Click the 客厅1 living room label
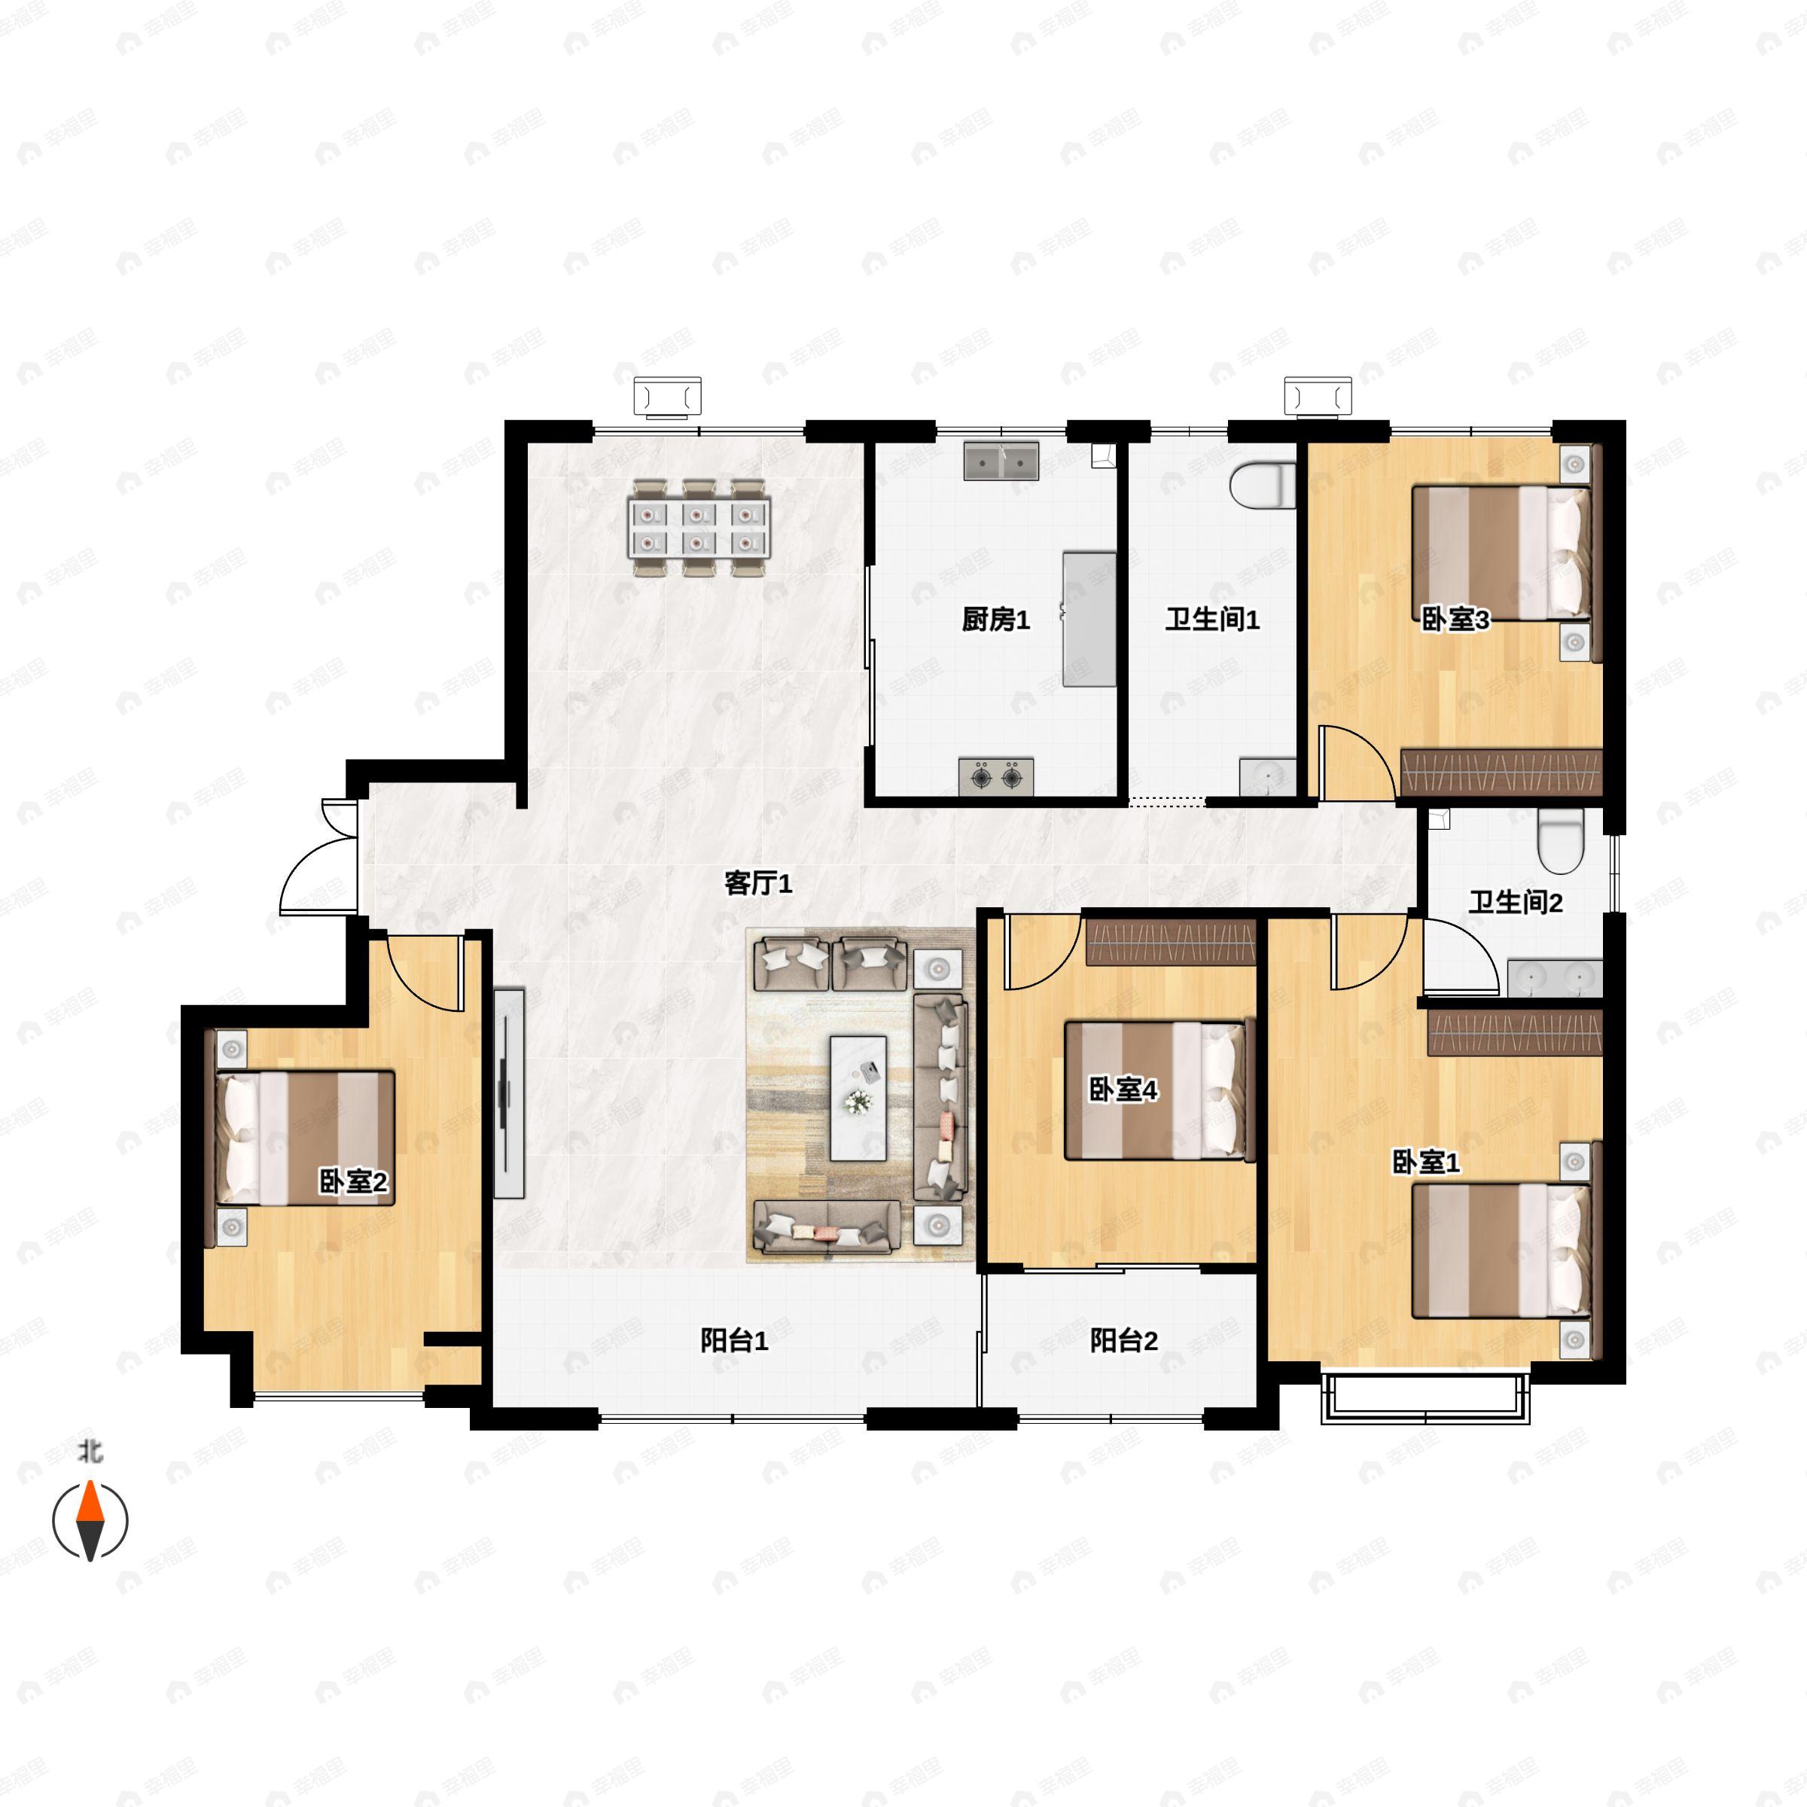[757, 883]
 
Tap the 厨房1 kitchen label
[995, 619]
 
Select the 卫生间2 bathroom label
[1515, 903]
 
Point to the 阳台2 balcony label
[1123, 1340]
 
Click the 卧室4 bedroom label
[1123, 1089]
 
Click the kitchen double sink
[1001, 461]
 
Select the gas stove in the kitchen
[996, 776]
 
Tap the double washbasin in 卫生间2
[1555, 977]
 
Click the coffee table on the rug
[858, 1097]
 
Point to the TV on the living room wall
[508, 1092]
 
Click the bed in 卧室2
[305, 1138]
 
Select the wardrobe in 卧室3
[1501, 772]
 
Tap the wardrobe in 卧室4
[1170, 942]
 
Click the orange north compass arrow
[90, 1503]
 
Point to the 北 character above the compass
[90, 1452]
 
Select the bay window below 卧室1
[1425, 1399]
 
